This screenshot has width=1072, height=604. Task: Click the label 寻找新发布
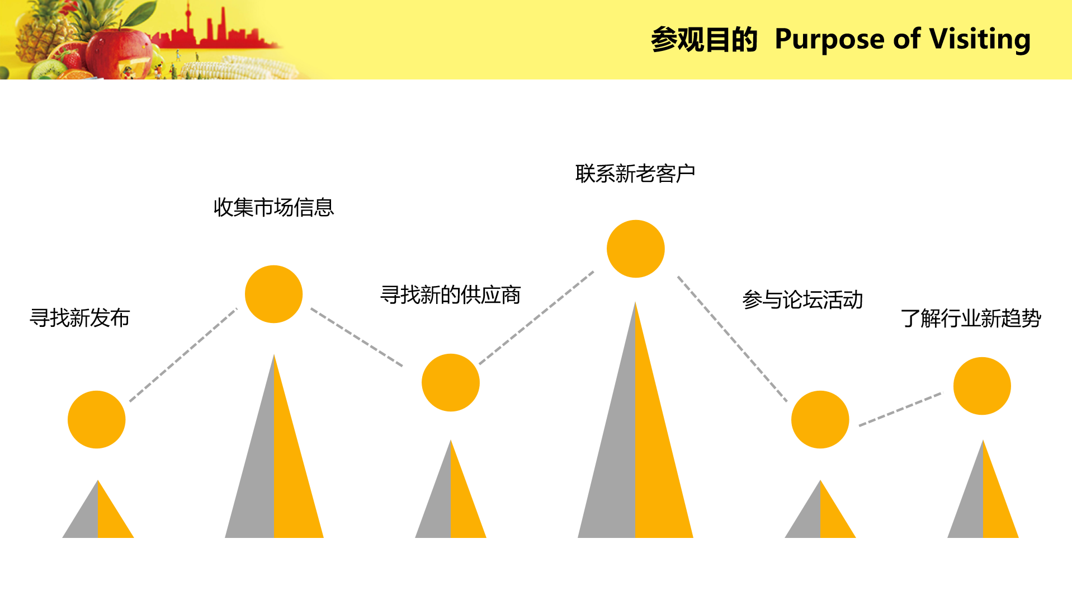click(79, 318)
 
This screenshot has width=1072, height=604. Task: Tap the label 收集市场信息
click(273, 207)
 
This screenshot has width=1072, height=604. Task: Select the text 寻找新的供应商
click(450, 295)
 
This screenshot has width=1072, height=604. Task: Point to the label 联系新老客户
click(635, 174)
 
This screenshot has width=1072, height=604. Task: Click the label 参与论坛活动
click(802, 300)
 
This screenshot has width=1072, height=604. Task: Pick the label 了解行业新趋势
click(971, 319)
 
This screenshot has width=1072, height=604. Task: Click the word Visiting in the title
click(980, 40)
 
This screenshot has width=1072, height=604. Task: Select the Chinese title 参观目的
click(704, 40)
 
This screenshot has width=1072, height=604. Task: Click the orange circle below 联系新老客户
click(635, 249)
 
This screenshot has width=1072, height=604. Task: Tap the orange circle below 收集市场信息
click(273, 294)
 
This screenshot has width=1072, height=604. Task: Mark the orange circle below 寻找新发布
click(96, 419)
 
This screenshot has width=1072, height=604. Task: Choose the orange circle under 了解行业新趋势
click(982, 386)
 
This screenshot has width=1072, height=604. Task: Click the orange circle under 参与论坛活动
click(820, 419)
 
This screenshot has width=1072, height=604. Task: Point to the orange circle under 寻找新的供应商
click(450, 382)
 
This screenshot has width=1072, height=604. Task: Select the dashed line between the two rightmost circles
click(900, 409)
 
